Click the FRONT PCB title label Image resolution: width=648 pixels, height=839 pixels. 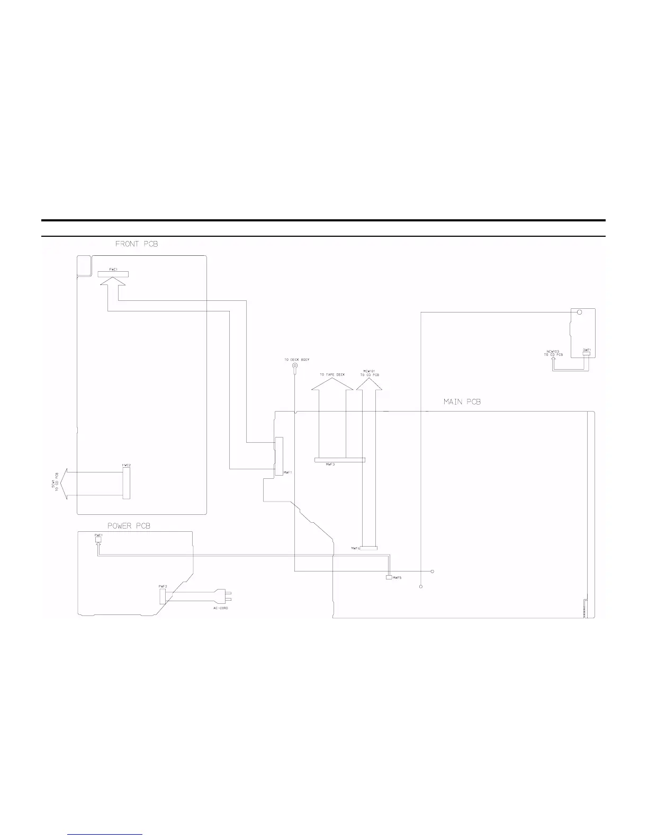point(136,244)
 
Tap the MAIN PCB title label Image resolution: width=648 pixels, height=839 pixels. point(462,402)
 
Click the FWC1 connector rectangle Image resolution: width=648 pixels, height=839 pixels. point(113,274)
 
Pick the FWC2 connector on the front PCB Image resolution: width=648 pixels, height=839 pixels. point(125,483)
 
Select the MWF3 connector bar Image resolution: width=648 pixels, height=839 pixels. point(340,459)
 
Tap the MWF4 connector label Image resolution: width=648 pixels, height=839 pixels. point(355,548)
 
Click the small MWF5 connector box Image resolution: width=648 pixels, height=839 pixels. point(389,577)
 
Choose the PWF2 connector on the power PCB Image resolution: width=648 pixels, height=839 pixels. point(162,596)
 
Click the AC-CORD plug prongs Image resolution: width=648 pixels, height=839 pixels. point(228,596)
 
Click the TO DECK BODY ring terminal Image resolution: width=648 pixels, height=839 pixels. point(294,365)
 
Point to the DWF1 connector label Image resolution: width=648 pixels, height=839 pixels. point(587,350)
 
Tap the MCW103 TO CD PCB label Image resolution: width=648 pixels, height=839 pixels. point(553,352)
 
